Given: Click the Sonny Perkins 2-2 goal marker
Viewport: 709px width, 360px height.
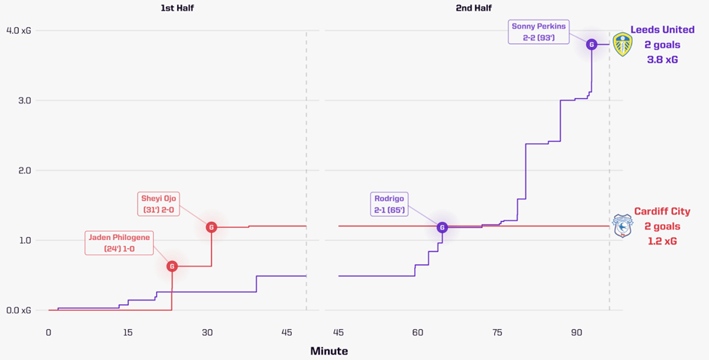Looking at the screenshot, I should point(592,45).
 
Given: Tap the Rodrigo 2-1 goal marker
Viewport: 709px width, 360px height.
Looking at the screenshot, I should point(443,227).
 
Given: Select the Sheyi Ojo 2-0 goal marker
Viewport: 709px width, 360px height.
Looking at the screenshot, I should point(211,227).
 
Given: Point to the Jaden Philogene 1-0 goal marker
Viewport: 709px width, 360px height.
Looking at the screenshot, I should point(172,266).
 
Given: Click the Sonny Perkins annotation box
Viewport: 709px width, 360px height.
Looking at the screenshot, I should point(539,32).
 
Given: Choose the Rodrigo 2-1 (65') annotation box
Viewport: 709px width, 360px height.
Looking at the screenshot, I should point(389,205).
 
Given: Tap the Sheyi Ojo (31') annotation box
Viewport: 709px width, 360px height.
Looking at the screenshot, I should point(159,204).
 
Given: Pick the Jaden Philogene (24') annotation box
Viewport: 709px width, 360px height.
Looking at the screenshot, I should point(119,243).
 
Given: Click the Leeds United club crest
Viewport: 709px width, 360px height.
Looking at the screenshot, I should point(622,45).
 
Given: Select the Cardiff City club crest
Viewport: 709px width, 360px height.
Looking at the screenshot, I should point(622,226).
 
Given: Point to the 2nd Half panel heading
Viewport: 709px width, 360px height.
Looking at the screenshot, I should point(473,8).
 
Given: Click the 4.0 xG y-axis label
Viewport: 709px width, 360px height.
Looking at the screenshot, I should point(18,31).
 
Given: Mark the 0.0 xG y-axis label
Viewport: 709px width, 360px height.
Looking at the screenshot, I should point(18,310).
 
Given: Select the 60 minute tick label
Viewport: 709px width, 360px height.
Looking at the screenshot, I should point(418,333).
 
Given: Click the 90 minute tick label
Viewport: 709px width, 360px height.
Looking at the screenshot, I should point(576,333).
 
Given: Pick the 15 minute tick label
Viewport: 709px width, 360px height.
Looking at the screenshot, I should point(127,333).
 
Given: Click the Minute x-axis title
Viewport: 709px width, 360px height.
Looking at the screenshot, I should point(329,351).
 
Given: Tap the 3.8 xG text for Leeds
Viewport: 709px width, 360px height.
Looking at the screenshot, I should point(662,60).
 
